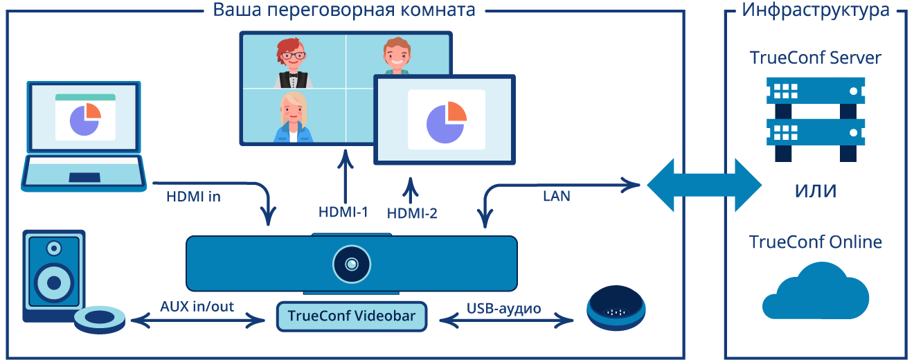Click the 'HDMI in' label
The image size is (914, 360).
[x=193, y=197]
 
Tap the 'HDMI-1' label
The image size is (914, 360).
[x=343, y=213]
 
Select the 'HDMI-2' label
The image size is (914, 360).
[x=412, y=214]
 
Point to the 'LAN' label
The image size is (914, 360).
[x=557, y=197]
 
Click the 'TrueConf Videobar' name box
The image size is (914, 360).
[x=352, y=317]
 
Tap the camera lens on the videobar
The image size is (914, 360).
[x=352, y=264]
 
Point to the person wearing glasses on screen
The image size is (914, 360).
[x=292, y=62]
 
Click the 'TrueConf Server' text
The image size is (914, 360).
[x=815, y=57]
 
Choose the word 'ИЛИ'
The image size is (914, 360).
[x=815, y=191]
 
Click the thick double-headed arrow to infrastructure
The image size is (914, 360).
[x=704, y=185]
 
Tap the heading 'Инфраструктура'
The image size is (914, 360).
[x=815, y=10]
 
